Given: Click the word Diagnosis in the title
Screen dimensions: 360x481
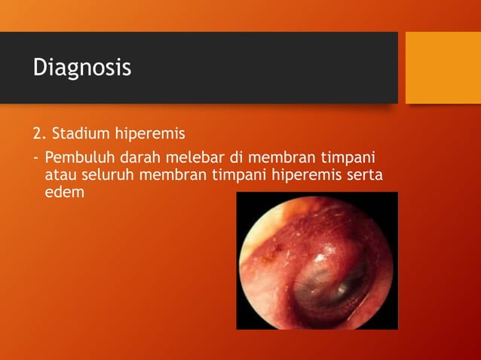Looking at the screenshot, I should [81, 68].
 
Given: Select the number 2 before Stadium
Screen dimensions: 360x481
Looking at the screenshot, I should [37, 134].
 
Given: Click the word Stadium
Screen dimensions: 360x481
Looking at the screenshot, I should [78, 134].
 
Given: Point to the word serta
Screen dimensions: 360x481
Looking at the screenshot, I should [365, 175].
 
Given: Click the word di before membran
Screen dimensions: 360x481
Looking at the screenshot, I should [237, 159].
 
